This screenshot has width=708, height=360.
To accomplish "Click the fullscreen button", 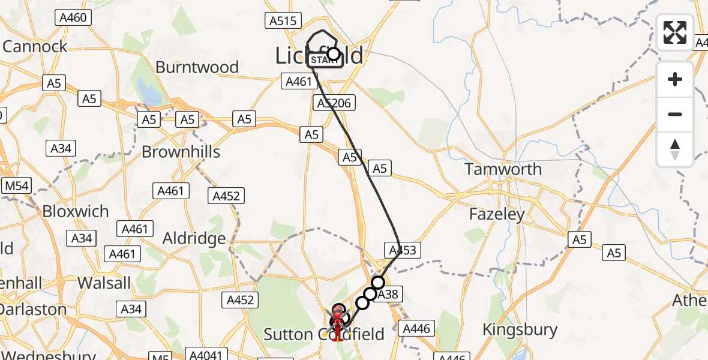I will click(675, 32).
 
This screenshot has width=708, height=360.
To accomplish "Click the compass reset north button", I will click(675, 149).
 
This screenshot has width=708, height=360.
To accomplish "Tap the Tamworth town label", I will click(503, 170).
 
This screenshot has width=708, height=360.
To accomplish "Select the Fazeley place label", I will click(497, 214).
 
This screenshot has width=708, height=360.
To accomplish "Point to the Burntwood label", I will click(197, 67).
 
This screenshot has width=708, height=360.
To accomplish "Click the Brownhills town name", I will click(181, 152).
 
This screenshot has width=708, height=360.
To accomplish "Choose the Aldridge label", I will click(194, 239).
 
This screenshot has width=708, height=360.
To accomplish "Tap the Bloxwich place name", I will click(76, 212).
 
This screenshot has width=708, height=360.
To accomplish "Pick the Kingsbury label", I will click(520, 330).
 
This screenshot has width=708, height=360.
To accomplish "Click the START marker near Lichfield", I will click(325, 60).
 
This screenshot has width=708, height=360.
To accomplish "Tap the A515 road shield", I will click(283, 21).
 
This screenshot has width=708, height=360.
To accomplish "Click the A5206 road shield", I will click(334, 103).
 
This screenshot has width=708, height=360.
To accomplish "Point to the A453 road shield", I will click(401, 250).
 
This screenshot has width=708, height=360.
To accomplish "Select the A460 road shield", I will click(73, 18).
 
